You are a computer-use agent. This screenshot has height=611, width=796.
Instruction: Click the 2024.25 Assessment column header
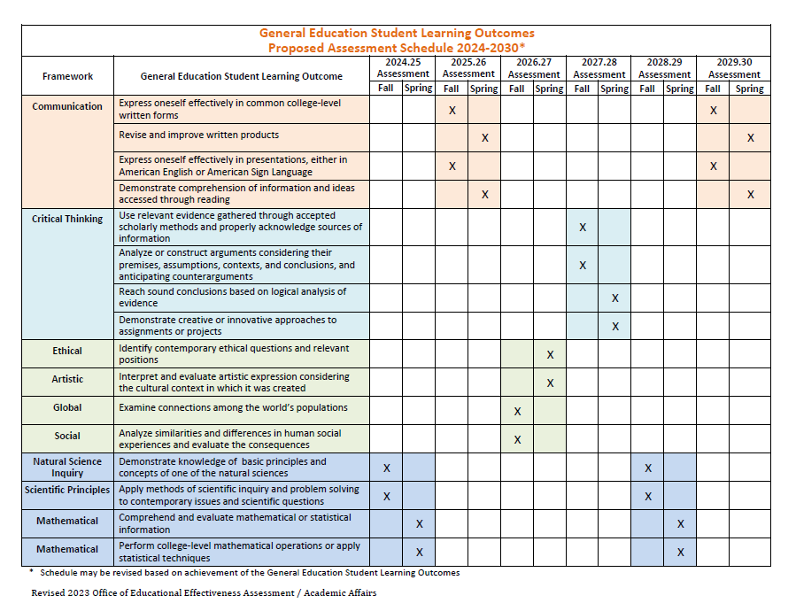coord(403,68)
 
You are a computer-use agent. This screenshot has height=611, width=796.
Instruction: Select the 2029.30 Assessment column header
coord(734,68)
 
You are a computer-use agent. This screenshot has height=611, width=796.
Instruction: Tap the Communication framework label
coord(67,106)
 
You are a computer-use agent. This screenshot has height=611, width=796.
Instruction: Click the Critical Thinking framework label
coord(67,219)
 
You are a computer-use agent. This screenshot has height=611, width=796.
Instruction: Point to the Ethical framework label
coord(67,351)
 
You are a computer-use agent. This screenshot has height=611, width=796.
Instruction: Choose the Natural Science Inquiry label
coord(67,467)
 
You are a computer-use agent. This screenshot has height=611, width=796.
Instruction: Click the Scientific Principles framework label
coord(67,490)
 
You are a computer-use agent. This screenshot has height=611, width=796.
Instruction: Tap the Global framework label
coord(67,407)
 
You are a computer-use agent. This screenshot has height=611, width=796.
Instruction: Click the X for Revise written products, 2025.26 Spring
coord(484,138)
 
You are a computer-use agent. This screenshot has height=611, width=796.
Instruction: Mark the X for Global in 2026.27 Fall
coord(517,411)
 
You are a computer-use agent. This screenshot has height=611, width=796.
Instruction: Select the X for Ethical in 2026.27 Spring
coord(550,354)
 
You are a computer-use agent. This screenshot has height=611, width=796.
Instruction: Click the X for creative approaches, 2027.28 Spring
coord(615,326)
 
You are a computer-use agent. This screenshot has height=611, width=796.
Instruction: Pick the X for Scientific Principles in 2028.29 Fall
coord(648,496)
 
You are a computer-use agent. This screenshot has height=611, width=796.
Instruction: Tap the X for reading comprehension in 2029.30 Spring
coord(750,194)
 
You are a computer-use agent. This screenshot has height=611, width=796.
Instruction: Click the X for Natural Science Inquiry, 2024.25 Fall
coord(387,468)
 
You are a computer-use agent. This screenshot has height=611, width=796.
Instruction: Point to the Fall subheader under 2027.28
coord(582,89)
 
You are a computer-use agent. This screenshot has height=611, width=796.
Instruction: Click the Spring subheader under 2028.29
coord(680,89)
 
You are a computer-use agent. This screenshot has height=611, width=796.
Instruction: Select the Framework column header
coord(67,76)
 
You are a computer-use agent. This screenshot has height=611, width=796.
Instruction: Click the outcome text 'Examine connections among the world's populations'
coord(233,407)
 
